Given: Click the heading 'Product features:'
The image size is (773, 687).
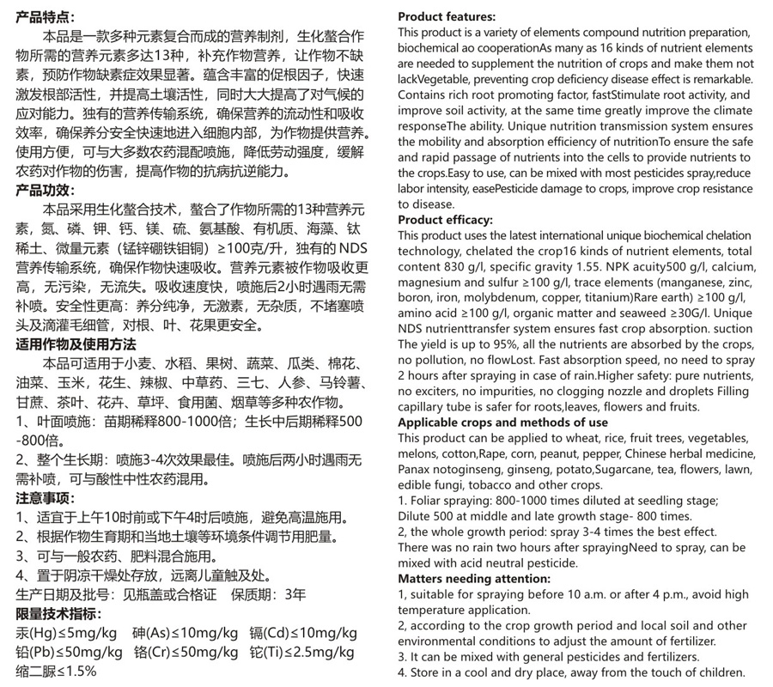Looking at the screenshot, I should click(447, 16).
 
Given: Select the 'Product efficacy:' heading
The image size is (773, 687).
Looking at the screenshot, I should click(445, 220).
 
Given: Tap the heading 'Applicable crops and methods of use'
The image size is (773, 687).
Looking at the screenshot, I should click(502, 423).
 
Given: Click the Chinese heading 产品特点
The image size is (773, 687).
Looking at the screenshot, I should click(46, 15).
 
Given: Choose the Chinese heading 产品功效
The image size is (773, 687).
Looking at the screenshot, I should click(46, 190).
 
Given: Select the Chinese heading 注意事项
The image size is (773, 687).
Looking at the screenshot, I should click(46, 498).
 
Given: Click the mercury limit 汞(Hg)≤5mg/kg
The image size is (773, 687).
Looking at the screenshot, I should click(66, 634).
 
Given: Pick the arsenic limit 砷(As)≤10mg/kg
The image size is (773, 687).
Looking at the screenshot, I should click(186, 634).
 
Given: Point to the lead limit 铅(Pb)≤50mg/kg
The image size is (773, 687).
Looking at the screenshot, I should click(66, 653).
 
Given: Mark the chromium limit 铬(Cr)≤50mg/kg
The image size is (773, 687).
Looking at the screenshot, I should click(186, 653).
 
